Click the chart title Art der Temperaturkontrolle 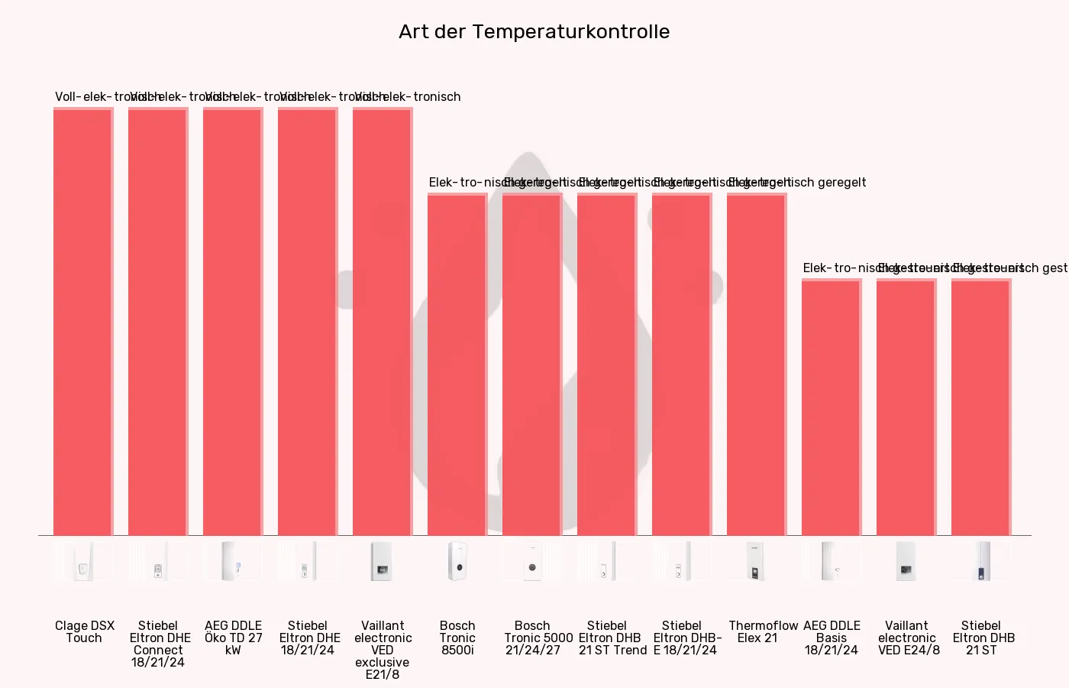(534, 31)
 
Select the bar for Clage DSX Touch (83, 322)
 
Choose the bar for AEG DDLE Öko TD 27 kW (233, 322)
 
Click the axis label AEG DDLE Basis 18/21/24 (832, 638)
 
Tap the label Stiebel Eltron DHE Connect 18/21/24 (158, 644)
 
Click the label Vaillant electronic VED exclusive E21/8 (383, 650)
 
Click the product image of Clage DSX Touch (83, 561)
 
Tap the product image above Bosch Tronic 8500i (457, 561)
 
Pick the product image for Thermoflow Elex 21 (757, 561)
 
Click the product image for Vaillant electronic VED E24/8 (906, 561)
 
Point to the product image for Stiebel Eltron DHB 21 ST (981, 561)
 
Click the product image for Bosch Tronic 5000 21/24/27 (532, 561)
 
